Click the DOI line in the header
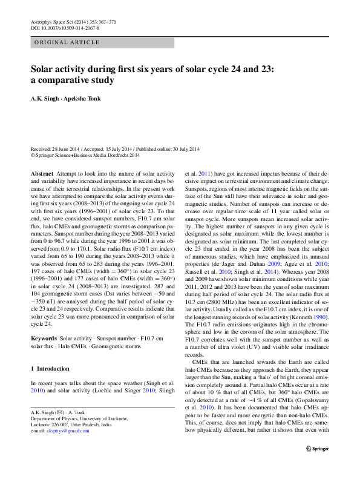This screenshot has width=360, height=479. coord(65,28)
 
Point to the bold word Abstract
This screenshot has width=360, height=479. coord(41,173)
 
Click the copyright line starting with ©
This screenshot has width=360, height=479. coord(85,155)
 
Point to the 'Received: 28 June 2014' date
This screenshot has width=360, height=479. coord(58,149)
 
